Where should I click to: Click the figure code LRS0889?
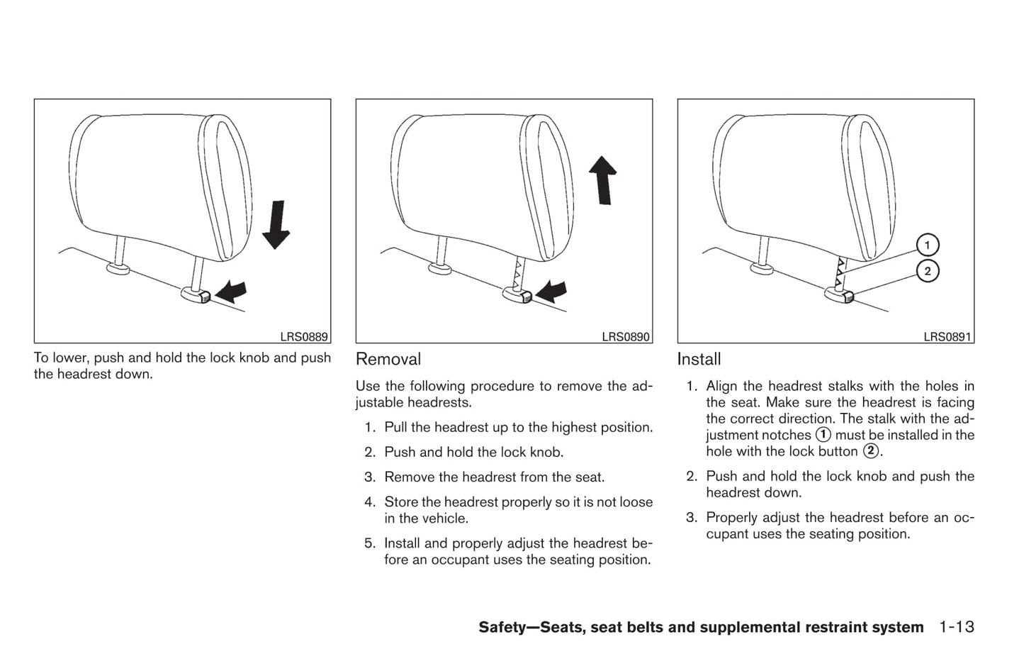304,338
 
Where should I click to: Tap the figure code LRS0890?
626,338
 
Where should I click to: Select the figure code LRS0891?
947,338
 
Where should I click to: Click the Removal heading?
388,360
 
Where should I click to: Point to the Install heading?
699,360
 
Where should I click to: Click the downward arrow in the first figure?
276,224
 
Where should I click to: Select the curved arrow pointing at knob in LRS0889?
232,290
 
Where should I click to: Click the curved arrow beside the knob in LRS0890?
553,290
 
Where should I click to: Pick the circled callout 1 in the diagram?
927,245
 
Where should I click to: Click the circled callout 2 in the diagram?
927,271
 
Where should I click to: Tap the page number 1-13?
957,627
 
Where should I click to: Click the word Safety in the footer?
505,628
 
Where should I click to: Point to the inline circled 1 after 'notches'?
823,435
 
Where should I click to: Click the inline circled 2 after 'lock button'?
870,451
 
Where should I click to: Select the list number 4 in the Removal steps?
369,502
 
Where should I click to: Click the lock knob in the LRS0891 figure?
840,294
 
